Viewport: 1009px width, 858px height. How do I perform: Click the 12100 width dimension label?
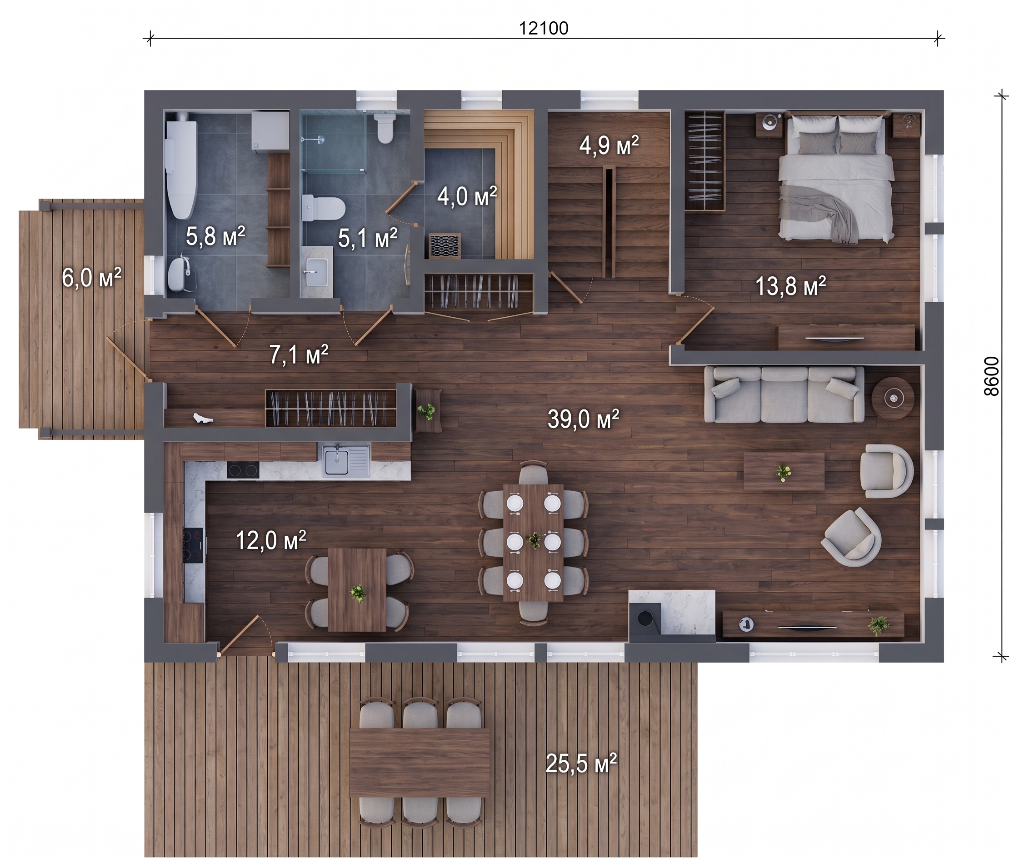pos(544,29)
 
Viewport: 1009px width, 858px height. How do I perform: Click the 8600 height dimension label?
pos(991,376)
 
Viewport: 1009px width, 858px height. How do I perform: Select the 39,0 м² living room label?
pos(583,419)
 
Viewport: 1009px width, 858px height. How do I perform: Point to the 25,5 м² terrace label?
pos(581,763)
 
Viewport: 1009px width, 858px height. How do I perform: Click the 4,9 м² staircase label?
pos(609,145)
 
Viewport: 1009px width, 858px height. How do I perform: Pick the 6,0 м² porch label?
pos(91,278)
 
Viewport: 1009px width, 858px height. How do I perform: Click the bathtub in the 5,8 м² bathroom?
pos(181,169)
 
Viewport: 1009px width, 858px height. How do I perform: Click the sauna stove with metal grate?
pos(445,245)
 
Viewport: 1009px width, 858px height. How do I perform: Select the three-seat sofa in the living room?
pos(784,394)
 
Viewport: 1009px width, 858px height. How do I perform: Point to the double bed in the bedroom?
pos(837,178)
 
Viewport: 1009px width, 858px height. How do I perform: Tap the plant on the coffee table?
pos(783,472)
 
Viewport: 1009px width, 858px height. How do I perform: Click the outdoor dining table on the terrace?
pos(420,762)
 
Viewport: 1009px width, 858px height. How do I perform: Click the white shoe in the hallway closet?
pos(203,418)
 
